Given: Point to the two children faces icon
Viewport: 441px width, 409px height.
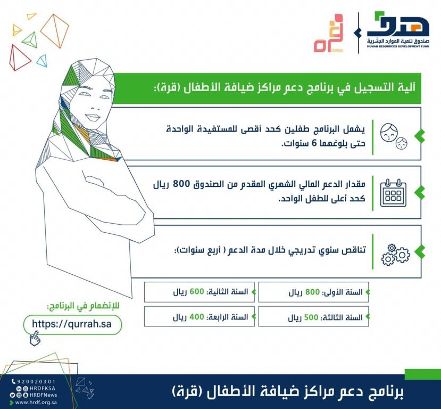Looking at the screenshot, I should pyautogui.click(x=394, y=136).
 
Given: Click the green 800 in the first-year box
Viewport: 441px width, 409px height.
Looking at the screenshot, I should pyautogui.click(x=312, y=292).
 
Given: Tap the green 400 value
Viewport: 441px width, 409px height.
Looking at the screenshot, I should pyautogui.click(x=197, y=317).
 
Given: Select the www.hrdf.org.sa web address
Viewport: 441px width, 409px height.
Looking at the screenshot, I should pyautogui.click(x=37, y=402).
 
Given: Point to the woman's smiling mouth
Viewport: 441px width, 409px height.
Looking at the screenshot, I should pyautogui.click(x=92, y=117).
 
